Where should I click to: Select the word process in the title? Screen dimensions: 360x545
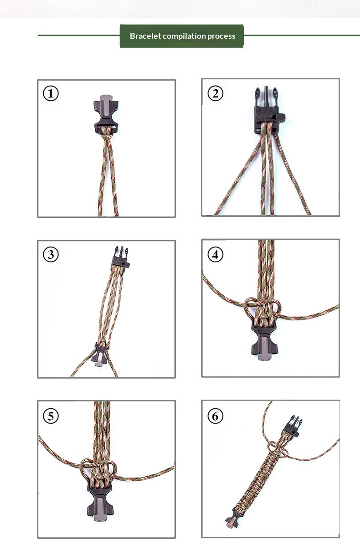(x=221, y=36)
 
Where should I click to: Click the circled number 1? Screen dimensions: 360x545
(x=51, y=93)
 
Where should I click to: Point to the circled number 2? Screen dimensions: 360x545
(x=216, y=93)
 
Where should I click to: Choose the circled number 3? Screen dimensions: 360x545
(x=51, y=254)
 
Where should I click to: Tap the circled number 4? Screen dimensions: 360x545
(x=216, y=254)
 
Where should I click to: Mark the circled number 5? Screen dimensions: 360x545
(x=51, y=416)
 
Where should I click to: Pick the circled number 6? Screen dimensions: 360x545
(x=216, y=416)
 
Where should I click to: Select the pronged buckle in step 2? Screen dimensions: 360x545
(x=268, y=111)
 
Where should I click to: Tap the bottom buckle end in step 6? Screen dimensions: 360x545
(x=233, y=518)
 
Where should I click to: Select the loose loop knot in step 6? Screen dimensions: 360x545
(x=278, y=449)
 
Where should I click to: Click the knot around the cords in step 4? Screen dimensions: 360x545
(x=262, y=308)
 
